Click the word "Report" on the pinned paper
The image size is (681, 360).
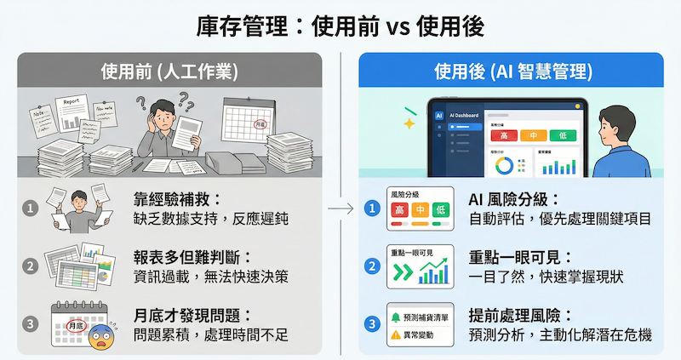coord(72,101)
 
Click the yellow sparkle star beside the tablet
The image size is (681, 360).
coord(409,124)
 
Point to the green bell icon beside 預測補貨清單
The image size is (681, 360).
coord(396,317)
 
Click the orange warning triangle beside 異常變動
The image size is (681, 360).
coord(396,336)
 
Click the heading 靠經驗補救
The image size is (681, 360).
coord(176,199)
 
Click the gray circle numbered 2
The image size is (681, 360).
coord(30,266)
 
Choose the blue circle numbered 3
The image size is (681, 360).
coord(371,323)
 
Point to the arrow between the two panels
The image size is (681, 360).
coord(341,207)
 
